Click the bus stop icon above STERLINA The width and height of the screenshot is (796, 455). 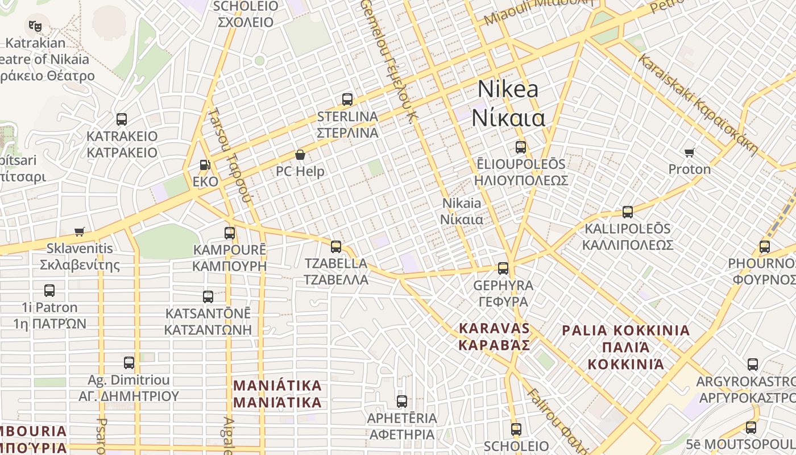coord(347,100)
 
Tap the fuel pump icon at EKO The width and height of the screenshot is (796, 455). coord(205,166)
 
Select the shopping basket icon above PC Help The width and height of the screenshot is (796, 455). coord(300,155)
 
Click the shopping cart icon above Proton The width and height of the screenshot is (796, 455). coord(690,152)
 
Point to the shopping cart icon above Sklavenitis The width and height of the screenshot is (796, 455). coord(80,231)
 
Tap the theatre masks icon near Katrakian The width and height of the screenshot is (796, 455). coord(35,26)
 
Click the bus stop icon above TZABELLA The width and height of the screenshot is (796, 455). coord(336,246)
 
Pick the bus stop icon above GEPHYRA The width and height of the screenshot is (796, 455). coord(503,268)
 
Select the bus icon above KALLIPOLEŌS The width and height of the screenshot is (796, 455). coord(628,212)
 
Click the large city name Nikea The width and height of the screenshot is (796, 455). coord(508,89)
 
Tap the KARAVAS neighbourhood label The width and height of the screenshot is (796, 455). coord(495,329)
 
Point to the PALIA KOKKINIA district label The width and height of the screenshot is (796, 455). coord(625,331)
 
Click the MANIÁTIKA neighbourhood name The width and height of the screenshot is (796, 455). coord(277,386)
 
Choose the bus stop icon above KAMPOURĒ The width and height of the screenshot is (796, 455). coord(230,233)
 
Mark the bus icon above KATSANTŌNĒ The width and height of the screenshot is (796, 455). coord(208,296)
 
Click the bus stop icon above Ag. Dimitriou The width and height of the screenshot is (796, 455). coord(129,362)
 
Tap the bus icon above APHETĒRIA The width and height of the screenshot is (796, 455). coord(402,402)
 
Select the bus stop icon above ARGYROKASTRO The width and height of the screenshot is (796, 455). coord(753,365)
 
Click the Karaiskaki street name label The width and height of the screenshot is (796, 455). coord(698,105)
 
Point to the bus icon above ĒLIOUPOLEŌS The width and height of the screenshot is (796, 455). coord(521,147)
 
